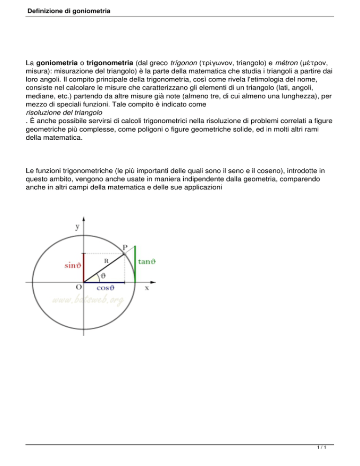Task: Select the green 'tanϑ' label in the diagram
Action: click(146, 263)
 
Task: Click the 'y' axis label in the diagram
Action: click(76, 226)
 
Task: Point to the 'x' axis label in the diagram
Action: click(147, 288)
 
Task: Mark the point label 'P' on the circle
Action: click(125, 247)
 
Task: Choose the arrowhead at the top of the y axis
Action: click(83, 219)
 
